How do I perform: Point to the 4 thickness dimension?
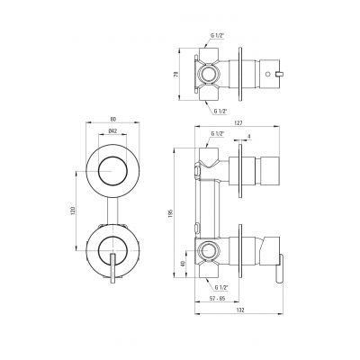[x=247, y=137]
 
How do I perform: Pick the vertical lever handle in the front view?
[x=112, y=268]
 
